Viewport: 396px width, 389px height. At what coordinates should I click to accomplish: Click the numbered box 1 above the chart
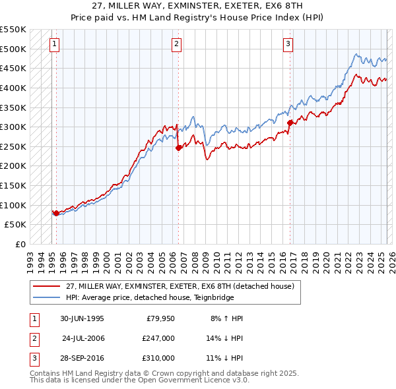55,44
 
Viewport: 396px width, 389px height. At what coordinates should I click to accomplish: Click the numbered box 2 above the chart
177,44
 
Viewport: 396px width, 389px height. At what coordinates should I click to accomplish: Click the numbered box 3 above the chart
288,44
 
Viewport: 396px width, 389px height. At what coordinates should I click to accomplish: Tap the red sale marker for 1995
56,213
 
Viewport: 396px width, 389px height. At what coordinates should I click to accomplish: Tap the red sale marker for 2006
178,148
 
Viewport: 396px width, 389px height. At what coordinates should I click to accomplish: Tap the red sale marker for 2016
290,123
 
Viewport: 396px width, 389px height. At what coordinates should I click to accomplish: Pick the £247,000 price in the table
158,338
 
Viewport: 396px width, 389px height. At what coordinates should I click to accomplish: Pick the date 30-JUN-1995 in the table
81,318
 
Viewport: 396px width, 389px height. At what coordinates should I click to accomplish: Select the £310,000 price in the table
158,358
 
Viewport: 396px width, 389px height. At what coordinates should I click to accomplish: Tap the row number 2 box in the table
33,338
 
